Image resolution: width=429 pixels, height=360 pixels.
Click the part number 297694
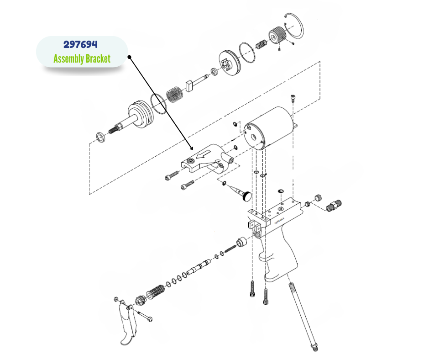click(x=80, y=45)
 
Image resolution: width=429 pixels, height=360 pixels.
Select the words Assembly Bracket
click(x=82, y=59)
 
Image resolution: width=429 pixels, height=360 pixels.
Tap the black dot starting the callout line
click(x=130, y=58)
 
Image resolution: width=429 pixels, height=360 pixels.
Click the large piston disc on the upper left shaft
click(x=140, y=115)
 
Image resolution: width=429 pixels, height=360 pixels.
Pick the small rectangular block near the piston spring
click(x=191, y=85)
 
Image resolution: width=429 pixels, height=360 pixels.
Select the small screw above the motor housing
click(x=293, y=99)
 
